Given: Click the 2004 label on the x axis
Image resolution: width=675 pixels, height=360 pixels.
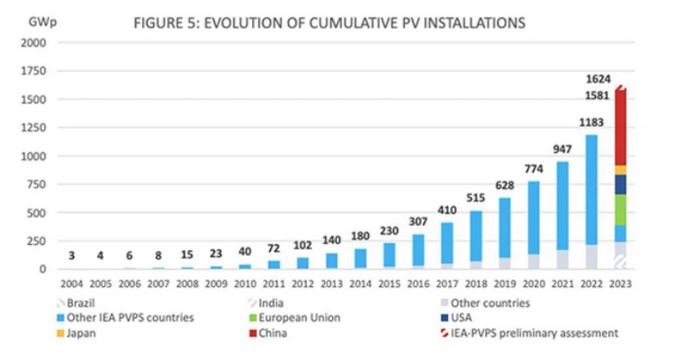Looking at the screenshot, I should coord(71,284).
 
